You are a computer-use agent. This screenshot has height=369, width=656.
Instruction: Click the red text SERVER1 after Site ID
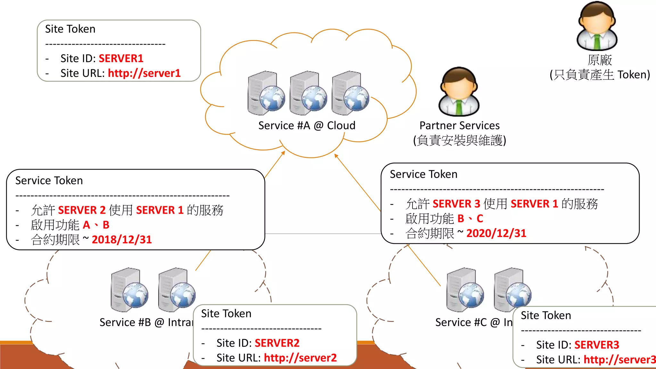121,58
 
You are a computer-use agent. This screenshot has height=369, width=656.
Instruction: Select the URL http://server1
144,73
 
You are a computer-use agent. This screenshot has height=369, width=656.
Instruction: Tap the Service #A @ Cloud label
307,126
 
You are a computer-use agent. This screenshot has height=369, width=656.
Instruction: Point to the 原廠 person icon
597,26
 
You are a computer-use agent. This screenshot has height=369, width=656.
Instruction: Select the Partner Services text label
459,126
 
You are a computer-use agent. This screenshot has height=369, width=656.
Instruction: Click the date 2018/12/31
122,240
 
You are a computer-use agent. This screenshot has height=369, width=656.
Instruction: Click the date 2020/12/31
496,233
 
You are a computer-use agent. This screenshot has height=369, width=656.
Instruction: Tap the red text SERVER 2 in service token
82,210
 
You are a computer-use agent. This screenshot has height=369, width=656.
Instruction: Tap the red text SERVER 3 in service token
456,204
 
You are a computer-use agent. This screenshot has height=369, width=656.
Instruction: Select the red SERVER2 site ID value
277,343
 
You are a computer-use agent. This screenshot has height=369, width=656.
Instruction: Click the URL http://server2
300,358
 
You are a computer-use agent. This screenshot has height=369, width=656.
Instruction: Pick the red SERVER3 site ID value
597,345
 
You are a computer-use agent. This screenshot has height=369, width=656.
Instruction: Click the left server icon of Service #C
465,290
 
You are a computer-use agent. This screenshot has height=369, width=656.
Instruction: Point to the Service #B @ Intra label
146,322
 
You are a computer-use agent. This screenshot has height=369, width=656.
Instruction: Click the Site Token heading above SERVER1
70,29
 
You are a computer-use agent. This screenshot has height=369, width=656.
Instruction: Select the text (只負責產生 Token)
600,75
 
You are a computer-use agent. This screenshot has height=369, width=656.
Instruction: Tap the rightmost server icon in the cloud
350,93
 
